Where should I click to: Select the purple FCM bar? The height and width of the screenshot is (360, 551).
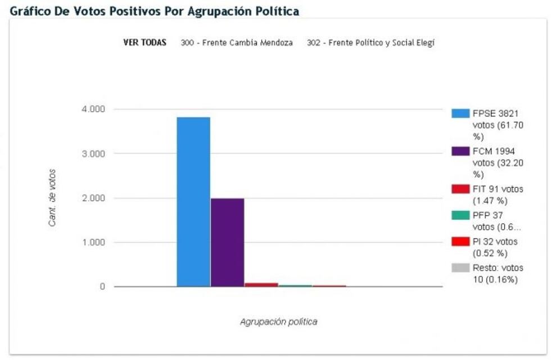coord(227,242)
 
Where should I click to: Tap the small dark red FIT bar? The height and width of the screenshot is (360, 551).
coord(261,285)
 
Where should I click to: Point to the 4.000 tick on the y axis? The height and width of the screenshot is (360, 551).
coord(93,109)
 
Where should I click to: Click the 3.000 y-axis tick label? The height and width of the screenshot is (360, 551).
coord(93,154)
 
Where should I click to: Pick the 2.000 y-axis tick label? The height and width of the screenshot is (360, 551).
coord(93,198)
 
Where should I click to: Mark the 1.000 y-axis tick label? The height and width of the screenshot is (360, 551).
coord(93,242)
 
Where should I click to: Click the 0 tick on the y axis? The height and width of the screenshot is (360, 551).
coord(102,287)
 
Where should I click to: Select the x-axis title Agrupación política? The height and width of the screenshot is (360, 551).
coord(278,322)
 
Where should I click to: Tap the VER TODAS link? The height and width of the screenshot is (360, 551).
coord(144,43)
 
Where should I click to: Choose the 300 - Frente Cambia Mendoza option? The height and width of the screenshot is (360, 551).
coord(237,43)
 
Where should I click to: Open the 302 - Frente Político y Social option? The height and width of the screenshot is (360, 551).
coord(371,43)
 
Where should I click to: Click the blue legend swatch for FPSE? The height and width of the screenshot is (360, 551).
coord(460,113)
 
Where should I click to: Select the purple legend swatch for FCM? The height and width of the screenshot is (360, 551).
coord(460,151)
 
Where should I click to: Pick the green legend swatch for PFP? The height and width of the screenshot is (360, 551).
coord(460,215)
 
